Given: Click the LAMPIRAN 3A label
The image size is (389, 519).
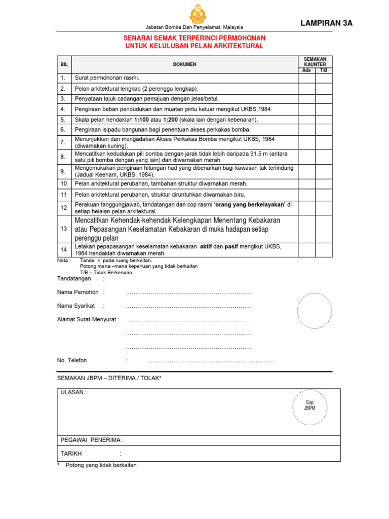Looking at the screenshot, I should click(x=327, y=23).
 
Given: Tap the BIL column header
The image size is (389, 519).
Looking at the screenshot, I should click(x=64, y=64).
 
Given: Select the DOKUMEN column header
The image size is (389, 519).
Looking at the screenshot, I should click(x=184, y=64).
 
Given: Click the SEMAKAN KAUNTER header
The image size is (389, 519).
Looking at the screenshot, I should click(x=315, y=62).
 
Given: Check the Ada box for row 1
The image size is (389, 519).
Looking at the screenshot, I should click(x=306, y=78).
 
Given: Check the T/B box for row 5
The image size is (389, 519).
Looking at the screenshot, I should click(x=324, y=120).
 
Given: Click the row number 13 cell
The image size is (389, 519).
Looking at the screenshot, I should click(x=64, y=229).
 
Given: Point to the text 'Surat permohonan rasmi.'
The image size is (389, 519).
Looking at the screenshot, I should click(x=107, y=78).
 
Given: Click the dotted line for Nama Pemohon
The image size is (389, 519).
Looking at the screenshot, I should click(x=188, y=292).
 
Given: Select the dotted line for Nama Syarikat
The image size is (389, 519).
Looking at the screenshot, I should click(x=188, y=306).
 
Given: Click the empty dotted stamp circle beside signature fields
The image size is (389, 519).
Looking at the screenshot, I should click(x=314, y=311).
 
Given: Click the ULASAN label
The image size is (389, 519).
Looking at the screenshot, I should click(x=73, y=393).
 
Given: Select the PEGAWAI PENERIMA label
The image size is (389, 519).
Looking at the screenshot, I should click(x=92, y=440).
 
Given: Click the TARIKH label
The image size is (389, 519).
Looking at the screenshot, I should click(x=71, y=454).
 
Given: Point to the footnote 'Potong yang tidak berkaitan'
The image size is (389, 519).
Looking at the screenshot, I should click(x=101, y=465).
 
